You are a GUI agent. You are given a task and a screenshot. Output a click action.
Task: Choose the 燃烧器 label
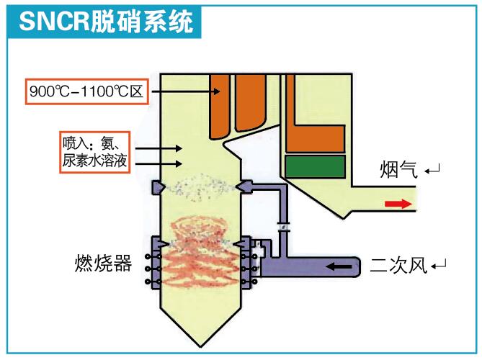[x=103, y=263]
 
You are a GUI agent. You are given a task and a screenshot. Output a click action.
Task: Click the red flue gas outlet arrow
[x=398, y=204]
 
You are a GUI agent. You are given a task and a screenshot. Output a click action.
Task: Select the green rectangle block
[x=315, y=166]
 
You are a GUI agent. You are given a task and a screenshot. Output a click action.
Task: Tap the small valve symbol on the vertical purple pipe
[x=284, y=228]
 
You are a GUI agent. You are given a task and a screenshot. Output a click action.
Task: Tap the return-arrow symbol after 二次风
[x=439, y=266]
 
